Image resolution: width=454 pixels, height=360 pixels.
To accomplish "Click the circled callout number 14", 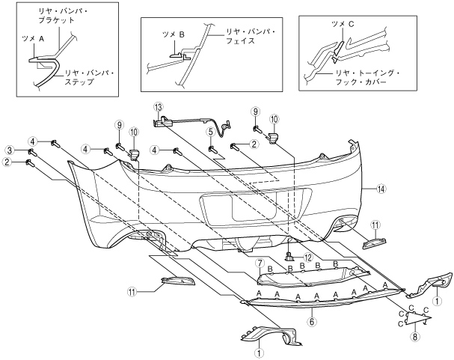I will tap(381, 189).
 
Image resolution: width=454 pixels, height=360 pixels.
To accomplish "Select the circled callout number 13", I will tap(158, 107).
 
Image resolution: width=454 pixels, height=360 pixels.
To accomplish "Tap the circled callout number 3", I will tap(10, 150).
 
